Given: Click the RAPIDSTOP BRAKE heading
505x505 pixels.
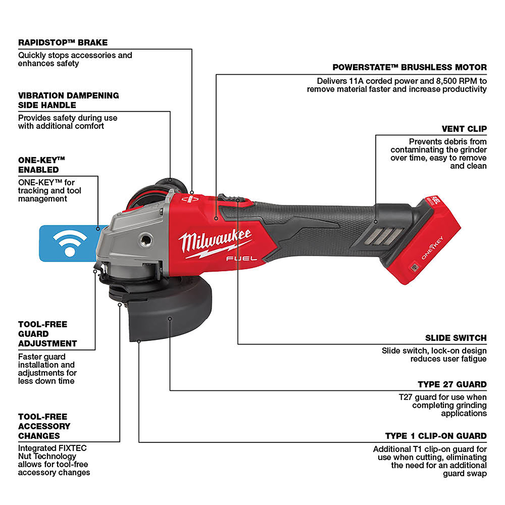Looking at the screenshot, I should [x=63, y=42].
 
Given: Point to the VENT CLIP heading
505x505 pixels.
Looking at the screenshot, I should [x=464, y=129].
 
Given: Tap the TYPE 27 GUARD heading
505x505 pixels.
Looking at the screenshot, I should [x=452, y=384].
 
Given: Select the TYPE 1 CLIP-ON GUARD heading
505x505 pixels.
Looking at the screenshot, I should [x=435, y=436].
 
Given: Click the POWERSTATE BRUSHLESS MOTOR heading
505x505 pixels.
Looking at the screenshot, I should [x=409, y=67].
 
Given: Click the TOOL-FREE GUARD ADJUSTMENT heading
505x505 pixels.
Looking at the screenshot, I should [x=47, y=334].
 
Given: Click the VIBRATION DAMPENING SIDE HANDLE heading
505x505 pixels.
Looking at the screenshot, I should [x=68, y=100].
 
